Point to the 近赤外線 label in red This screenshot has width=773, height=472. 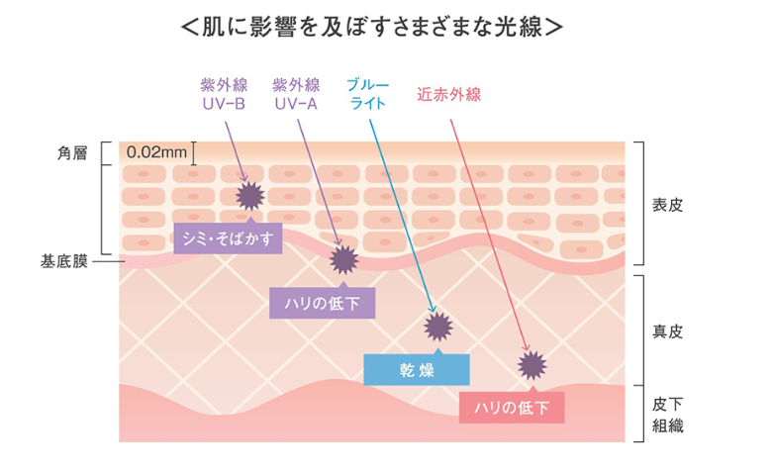point(448,95)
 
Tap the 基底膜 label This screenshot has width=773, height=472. point(64,262)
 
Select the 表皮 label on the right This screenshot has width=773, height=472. point(667,206)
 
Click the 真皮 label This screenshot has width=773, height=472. point(667,331)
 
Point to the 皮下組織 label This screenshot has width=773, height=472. point(667,416)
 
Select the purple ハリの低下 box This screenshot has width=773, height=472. point(323,303)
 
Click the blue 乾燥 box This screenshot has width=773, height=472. point(417,369)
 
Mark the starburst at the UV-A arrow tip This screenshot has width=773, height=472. point(342,260)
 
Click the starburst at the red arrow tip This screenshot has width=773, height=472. point(531,365)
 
